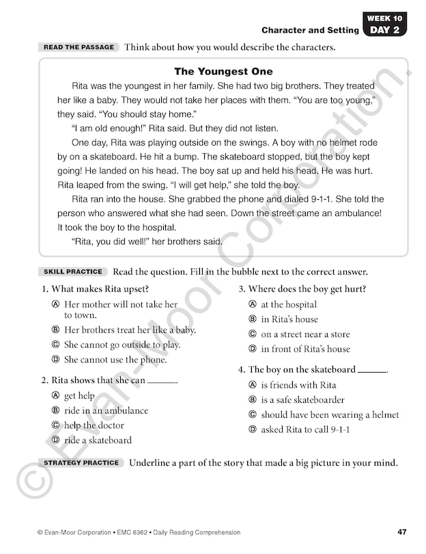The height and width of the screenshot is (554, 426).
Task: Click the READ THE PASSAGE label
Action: click(79, 47)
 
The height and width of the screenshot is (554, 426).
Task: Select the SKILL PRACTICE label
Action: click(72, 272)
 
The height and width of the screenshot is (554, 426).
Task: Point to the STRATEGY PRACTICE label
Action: click(81, 463)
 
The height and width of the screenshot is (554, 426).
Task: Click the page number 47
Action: click(401, 532)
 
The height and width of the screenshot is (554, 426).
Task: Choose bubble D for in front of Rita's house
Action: click(253, 349)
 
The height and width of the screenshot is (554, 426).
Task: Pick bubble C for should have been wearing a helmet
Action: click(253, 415)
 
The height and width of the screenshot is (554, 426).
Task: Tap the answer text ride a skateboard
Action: click(98, 440)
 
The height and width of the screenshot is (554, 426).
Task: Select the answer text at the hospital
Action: click(289, 304)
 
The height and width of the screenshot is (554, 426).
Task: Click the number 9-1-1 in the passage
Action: click(352, 199)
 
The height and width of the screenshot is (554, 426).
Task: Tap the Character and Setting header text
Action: click(310, 30)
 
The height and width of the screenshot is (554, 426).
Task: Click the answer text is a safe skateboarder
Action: click(302, 400)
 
